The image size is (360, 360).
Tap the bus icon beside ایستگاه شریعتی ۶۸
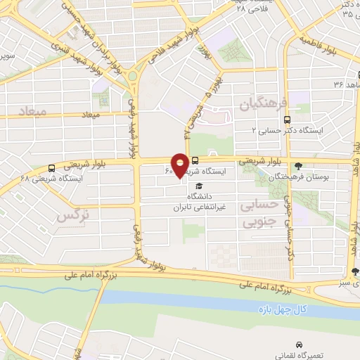tap(51, 168)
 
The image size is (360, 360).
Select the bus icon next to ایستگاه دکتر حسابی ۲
tap(286, 120)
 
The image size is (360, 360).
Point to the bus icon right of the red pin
tap(195, 161)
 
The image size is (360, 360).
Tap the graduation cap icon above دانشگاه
tap(199, 186)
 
